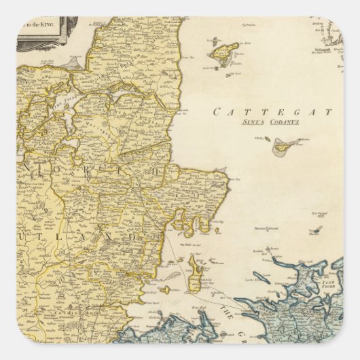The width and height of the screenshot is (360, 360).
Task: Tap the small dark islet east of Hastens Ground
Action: [315, 231]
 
